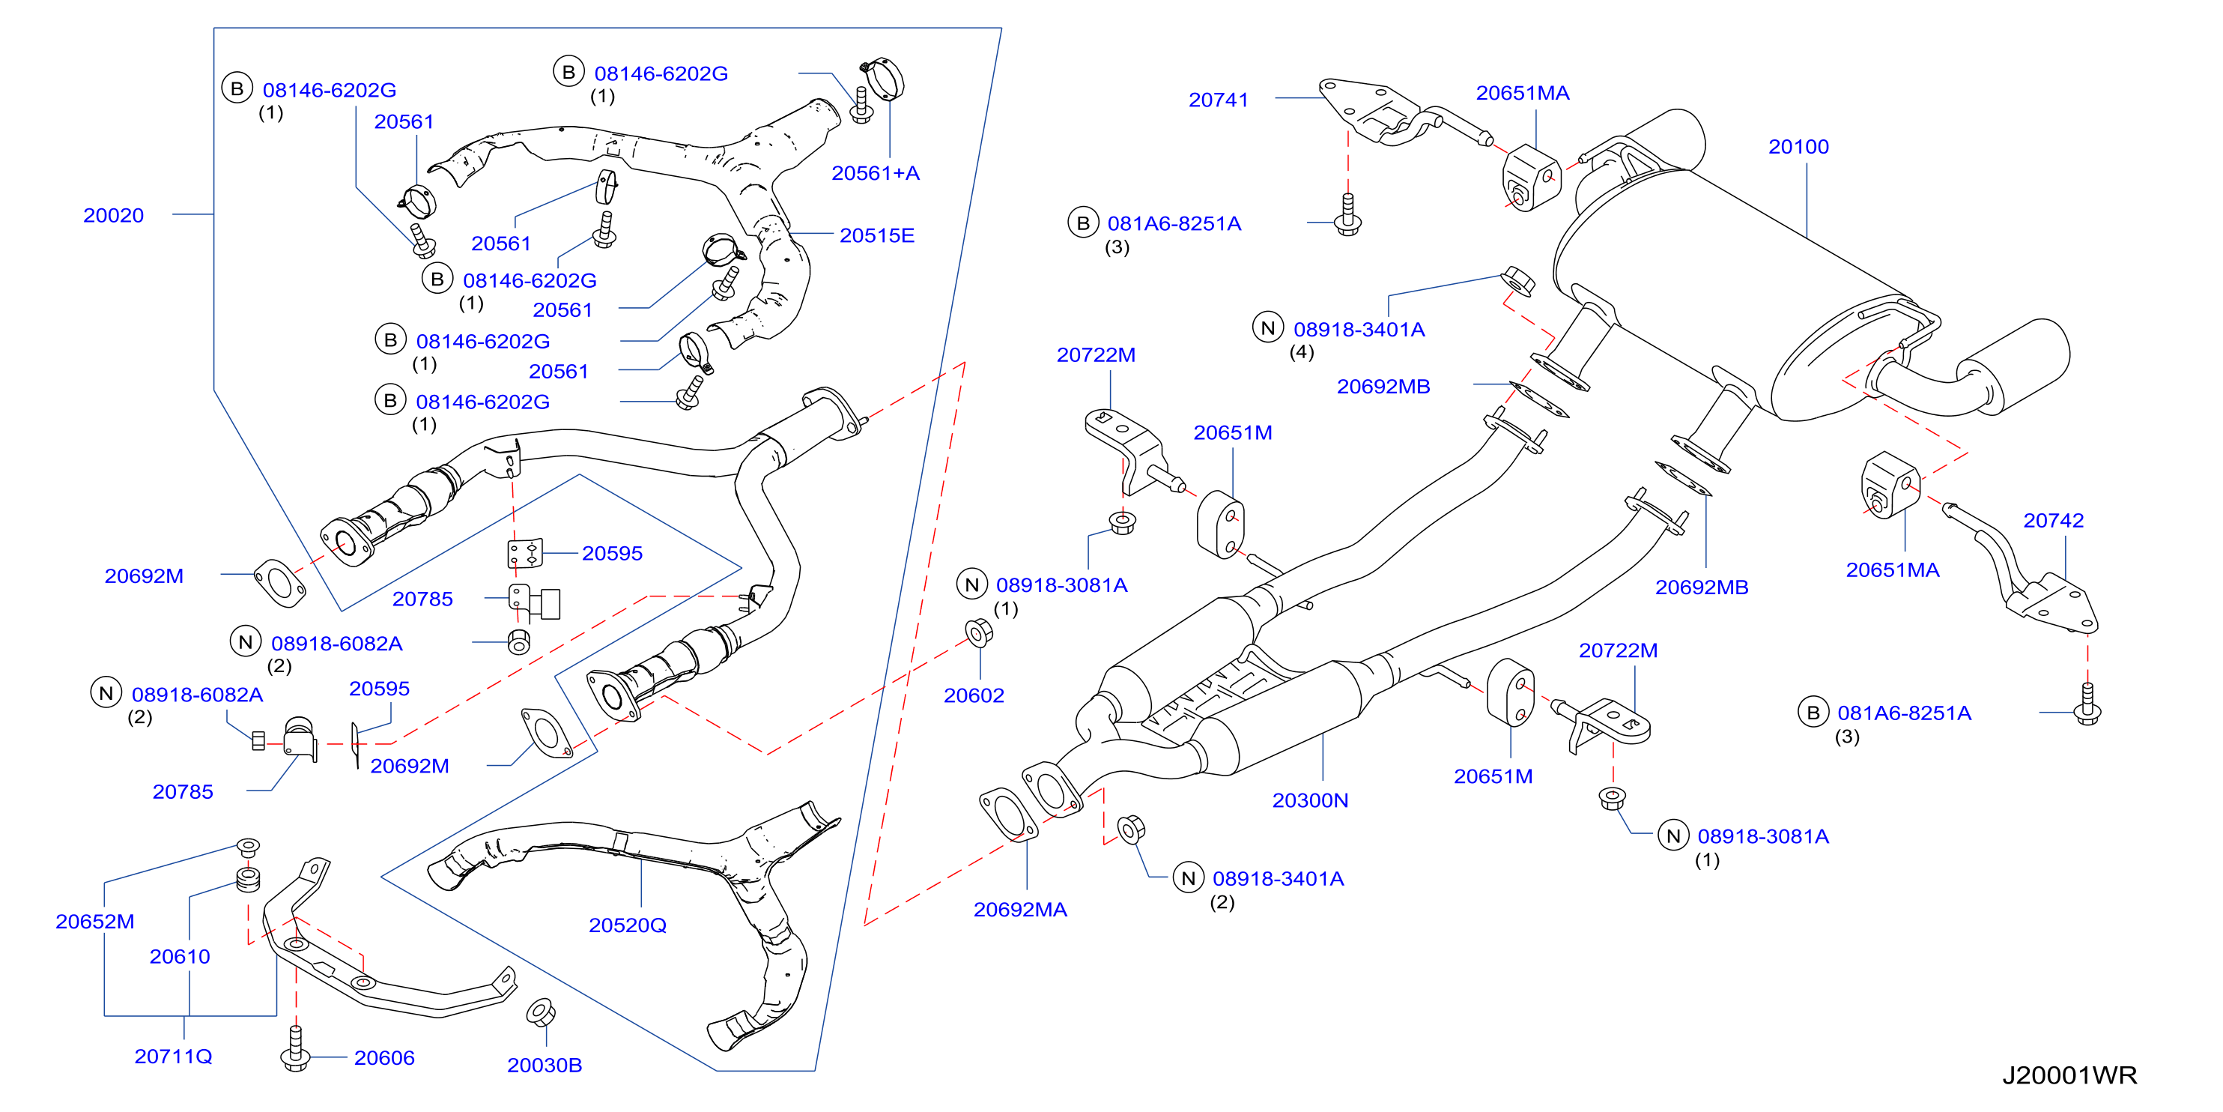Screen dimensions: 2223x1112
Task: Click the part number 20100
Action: click(1798, 147)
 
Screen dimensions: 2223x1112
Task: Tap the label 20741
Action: click(1219, 100)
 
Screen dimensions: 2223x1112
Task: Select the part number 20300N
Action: click(1310, 800)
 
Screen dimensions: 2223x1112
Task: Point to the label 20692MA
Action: click(1020, 909)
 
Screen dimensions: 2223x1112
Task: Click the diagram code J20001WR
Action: click(2069, 1075)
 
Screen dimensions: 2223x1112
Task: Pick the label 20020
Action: click(113, 215)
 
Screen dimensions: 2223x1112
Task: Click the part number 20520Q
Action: click(628, 925)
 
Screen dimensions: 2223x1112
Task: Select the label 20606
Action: click(384, 1057)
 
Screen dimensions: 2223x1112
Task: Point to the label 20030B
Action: click(545, 1066)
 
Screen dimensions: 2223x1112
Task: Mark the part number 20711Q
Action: click(174, 1056)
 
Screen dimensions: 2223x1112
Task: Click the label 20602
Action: click(974, 695)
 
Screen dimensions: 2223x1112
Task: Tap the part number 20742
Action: click(2053, 521)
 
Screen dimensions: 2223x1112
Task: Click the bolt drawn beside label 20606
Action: click(295, 1049)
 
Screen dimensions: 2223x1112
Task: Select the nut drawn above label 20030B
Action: click(541, 1012)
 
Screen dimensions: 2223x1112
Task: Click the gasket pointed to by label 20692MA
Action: click(1008, 813)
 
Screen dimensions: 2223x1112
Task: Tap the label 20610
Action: click(180, 957)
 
